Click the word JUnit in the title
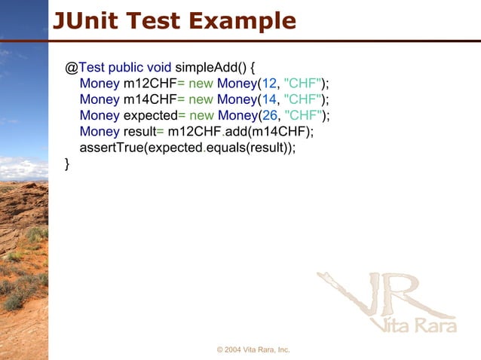[85, 20]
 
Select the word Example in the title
[242, 20]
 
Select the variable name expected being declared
[150, 115]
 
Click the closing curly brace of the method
[68, 164]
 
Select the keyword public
[125, 66]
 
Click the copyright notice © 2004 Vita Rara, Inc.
[253, 350]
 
